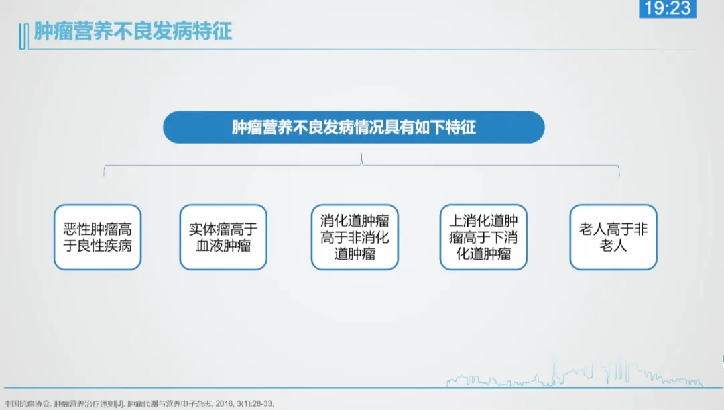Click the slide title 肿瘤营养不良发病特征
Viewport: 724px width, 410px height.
[133, 32]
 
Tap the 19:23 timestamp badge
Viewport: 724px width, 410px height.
[667, 8]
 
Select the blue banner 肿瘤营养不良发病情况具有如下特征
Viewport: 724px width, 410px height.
[354, 127]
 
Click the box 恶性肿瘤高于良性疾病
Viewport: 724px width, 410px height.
[97, 237]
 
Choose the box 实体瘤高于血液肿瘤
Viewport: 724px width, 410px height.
[223, 237]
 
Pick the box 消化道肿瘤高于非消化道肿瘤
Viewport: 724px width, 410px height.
[355, 237]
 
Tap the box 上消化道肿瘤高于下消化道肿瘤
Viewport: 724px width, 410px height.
[483, 237]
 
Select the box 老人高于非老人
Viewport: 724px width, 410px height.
[613, 237]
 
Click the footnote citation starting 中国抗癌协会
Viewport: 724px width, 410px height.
[139, 403]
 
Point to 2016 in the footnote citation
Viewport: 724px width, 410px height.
[225, 403]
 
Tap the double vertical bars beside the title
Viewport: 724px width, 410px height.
[23, 36]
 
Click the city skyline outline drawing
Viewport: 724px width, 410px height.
[575, 375]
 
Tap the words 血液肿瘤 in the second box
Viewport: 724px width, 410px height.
[223, 246]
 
